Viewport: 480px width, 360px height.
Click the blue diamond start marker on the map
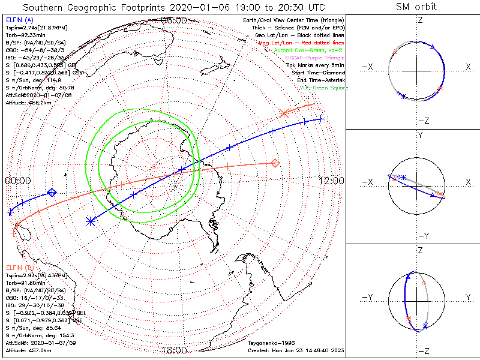[x=52, y=192]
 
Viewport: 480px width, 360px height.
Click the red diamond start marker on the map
[x=275, y=163]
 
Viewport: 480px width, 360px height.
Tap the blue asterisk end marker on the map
[x=91, y=221]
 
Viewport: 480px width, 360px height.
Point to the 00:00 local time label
[x=17, y=181]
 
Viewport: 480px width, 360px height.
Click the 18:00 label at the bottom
[x=175, y=350]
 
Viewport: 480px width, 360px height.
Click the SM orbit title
[x=417, y=7]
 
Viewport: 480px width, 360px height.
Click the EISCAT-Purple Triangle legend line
[x=313, y=58]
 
